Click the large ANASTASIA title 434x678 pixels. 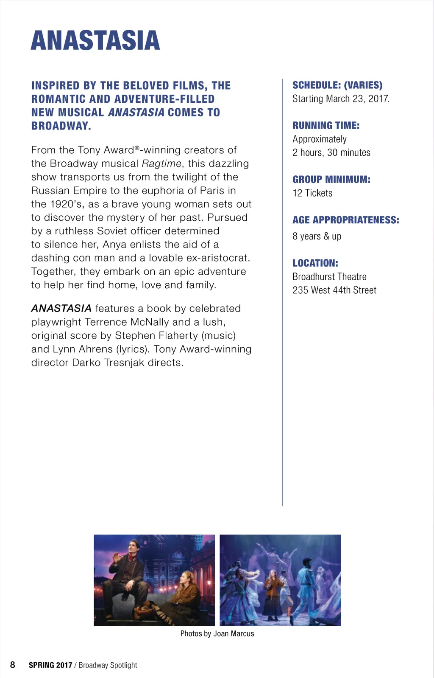tap(95, 41)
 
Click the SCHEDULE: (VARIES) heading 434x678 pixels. tap(337, 85)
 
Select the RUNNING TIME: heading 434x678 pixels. tap(326, 126)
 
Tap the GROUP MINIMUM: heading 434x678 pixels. tap(331, 180)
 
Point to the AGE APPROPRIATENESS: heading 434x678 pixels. tap(346, 220)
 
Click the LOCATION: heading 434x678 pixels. tap(315, 263)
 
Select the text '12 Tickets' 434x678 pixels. tap(312, 193)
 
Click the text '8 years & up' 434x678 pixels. tap(317, 236)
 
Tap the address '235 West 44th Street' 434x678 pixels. tap(334, 290)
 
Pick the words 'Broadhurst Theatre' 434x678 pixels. tap(329, 277)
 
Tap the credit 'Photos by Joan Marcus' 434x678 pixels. tap(217, 634)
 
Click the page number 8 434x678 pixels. tap(13, 665)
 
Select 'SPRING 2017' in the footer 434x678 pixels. tap(50, 665)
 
